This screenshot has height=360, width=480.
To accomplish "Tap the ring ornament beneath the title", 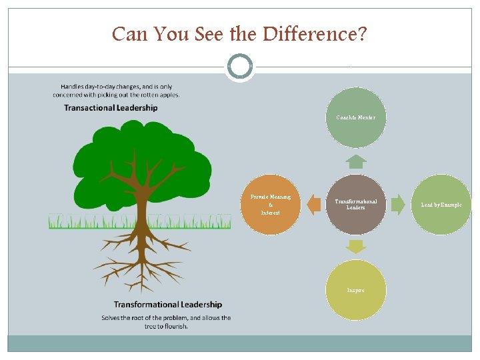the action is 239,67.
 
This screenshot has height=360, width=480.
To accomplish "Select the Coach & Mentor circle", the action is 356,117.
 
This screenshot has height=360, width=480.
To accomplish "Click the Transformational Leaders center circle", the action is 356,204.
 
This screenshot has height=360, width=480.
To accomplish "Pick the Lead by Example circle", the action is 441,204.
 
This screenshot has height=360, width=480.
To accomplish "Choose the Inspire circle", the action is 356,290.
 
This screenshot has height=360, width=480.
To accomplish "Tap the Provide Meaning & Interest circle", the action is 270,204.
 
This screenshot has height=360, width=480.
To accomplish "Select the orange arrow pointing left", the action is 313,205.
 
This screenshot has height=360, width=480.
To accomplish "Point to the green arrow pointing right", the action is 398,205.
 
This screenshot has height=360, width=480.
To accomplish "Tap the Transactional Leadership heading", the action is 111,108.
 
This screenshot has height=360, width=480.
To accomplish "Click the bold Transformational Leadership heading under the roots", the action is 167,305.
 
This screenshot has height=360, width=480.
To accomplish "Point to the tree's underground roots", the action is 141,260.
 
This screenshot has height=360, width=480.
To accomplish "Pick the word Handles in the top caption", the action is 74,86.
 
